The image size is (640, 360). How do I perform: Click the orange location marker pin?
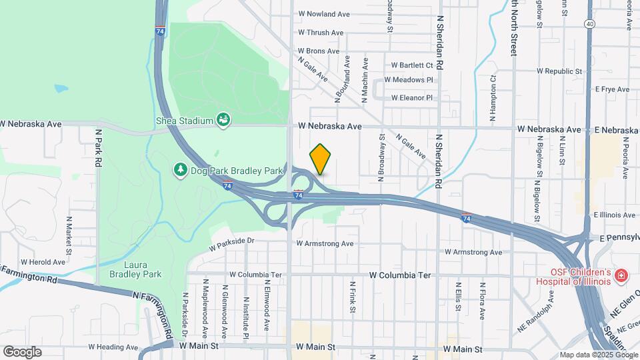pos(320,159)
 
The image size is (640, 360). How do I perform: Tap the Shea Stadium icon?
pos(224,120)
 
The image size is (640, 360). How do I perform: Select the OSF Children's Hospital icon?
pos(621,275)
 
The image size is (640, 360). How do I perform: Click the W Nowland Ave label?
pos(324,14)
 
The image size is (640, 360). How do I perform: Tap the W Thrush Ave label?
pos(321,33)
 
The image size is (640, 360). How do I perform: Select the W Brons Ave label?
pos(319,51)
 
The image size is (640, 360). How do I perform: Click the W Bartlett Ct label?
pos(412,65)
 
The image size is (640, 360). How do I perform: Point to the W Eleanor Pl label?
pos(411,98)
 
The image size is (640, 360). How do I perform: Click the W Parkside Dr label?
pos(232,244)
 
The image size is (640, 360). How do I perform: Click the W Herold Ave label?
pos(43,262)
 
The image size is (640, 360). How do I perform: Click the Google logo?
pos(23,351)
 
